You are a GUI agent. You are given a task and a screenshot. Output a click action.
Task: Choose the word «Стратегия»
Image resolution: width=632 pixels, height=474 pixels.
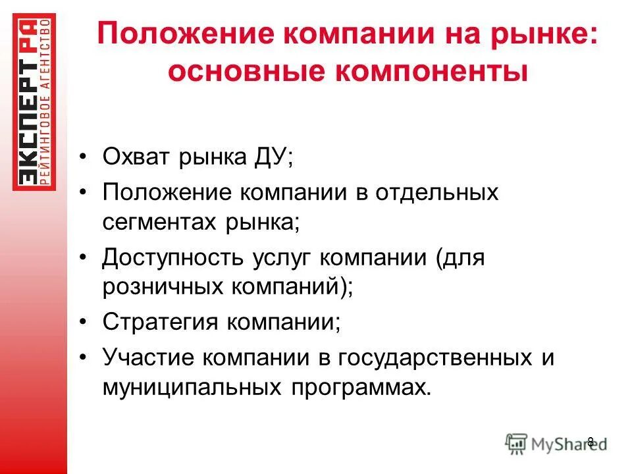[x=161, y=323]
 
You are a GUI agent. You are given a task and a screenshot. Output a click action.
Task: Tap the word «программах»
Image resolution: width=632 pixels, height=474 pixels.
[x=359, y=387]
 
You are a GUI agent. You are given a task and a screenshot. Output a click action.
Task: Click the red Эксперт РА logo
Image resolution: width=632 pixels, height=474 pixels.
[x=34, y=102]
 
